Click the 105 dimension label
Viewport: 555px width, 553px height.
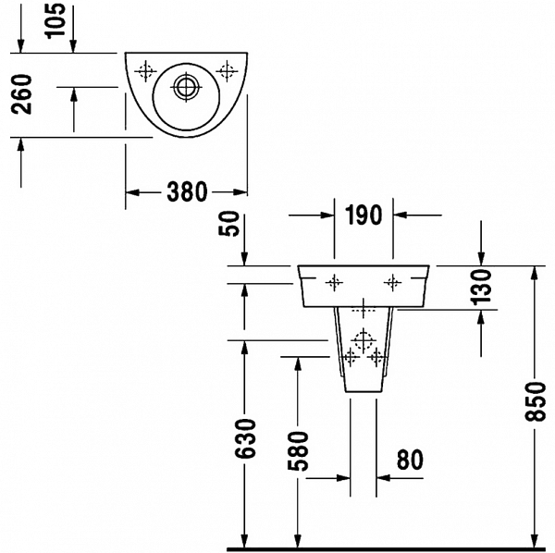(55, 19)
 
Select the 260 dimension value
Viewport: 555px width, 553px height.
(21, 94)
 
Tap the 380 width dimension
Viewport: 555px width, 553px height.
(187, 192)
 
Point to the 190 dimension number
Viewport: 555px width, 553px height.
(364, 215)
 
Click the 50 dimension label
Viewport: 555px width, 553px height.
(229, 223)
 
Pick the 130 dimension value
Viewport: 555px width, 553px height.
(481, 287)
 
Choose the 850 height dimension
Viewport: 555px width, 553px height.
(536, 401)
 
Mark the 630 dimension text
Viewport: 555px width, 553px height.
(245, 438)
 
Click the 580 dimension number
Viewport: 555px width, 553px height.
(298, 451)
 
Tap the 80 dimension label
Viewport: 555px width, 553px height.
(410, 460)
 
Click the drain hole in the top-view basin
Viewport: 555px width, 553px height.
(186, 87)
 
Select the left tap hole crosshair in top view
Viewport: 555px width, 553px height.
(145, 71)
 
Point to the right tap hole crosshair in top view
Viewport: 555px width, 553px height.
(227, 71)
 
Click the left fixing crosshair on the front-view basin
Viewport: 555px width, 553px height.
(334, 282)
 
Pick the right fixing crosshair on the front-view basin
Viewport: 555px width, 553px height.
(392, 282)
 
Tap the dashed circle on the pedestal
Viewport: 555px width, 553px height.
(364, 340)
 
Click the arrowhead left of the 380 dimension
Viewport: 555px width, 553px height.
(132, 192)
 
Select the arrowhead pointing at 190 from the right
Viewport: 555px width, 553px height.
(400, 215)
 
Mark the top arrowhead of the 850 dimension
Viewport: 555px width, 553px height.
(536, 272)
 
